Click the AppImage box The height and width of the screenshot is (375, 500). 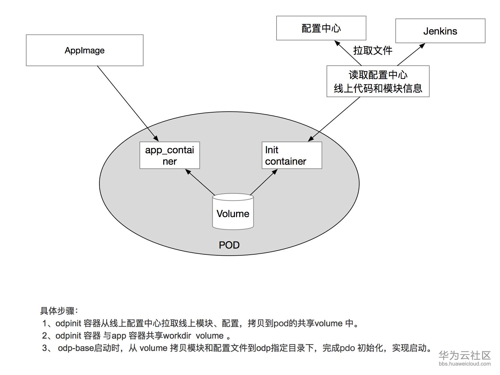[x=85, y=50]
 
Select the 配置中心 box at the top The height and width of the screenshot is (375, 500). [x=321, y=28]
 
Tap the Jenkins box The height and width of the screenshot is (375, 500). [x=440, y=31]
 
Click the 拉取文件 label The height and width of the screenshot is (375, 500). [x=373, y=50]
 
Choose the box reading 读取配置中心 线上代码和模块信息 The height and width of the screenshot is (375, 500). [x=378, y=81]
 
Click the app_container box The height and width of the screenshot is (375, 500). [x=169, y=155]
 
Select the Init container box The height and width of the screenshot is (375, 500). [x=292, y=155]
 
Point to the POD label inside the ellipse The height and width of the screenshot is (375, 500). [x=229, y=245]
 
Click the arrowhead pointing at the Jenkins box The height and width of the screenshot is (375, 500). [x=423, y=46]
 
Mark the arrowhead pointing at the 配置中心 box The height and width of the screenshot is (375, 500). [x=337, y=43]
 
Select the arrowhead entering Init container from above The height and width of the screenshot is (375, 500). [x=311, y=139]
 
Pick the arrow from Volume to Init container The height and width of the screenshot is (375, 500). [x=264, y=182]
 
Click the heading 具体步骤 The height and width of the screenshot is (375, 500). [x=59, y=311]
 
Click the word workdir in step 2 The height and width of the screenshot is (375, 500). [x=177, y=336]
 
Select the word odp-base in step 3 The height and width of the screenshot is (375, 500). [x=76, y=348]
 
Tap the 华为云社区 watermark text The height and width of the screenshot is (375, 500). [x=465, y=355]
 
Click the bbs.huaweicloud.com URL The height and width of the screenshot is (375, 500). [x=465, y=364]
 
